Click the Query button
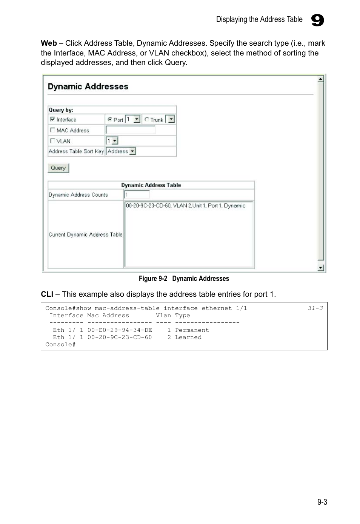[x=58, y=168]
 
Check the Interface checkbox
[x=52, y=119]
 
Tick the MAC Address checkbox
[x=52, y=130]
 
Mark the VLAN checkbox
[x=52, y=141]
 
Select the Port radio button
[x=110, y=119]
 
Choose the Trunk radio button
[x=147, y=119]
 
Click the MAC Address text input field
[x=131, y=130]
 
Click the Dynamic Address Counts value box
[x=137, y=195]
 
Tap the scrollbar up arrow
[x=320, y=79]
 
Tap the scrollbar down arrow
[x=320, y=268]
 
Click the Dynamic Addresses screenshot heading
[x=88, y=86]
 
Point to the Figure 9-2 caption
[x=184, y=279]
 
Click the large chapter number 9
[x=318, y=20]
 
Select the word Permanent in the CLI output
[x=192, y=330]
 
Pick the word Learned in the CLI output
[x=188, y=337]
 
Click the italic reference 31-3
[x=315, y=308]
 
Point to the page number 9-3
[x=322, y=502]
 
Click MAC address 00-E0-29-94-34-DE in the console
[x=120, y=330]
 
